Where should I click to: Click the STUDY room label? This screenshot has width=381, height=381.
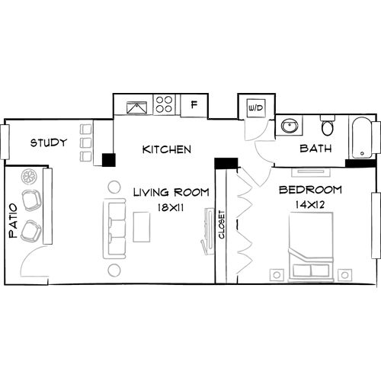(x=49, y=142)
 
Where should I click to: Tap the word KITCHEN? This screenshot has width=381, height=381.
(x=166, y=149)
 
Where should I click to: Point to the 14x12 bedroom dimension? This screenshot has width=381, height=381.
(x=309, y=205)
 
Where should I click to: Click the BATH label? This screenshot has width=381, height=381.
(x=315, y=149)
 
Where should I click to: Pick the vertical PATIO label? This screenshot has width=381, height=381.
(x=13, y=226)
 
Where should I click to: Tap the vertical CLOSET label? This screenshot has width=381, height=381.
(x=222, y=225)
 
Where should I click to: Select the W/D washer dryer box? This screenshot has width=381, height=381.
(x=255, y=108)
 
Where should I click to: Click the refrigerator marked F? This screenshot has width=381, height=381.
(x=194, y=104)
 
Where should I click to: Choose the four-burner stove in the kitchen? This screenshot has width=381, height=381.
(x=164, y=104)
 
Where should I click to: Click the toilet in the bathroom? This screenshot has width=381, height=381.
(x=328, y=126)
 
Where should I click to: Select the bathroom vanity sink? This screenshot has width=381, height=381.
(x=290, y=126)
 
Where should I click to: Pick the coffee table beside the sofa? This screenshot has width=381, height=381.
(x=141, y=226)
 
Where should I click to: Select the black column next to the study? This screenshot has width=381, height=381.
(x=108, y=159)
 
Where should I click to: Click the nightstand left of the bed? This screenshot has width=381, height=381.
(x=277, y=274)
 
